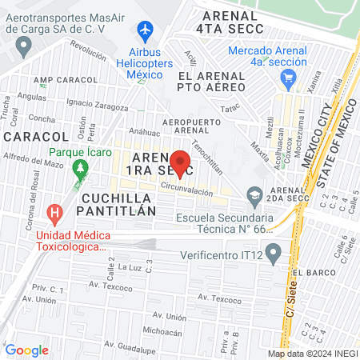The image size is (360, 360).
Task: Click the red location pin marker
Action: [x=181, y=162]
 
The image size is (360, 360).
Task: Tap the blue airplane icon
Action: [x=146, y=31]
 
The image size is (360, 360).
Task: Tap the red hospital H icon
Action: [x=54, y=214]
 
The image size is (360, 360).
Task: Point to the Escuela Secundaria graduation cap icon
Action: [x=255, y=194]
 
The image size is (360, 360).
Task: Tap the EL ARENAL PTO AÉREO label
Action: [x=214, y=81]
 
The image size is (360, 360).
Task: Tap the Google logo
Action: [x=26, y=350]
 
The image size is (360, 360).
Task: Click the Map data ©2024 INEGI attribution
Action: [x=311, y=354]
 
